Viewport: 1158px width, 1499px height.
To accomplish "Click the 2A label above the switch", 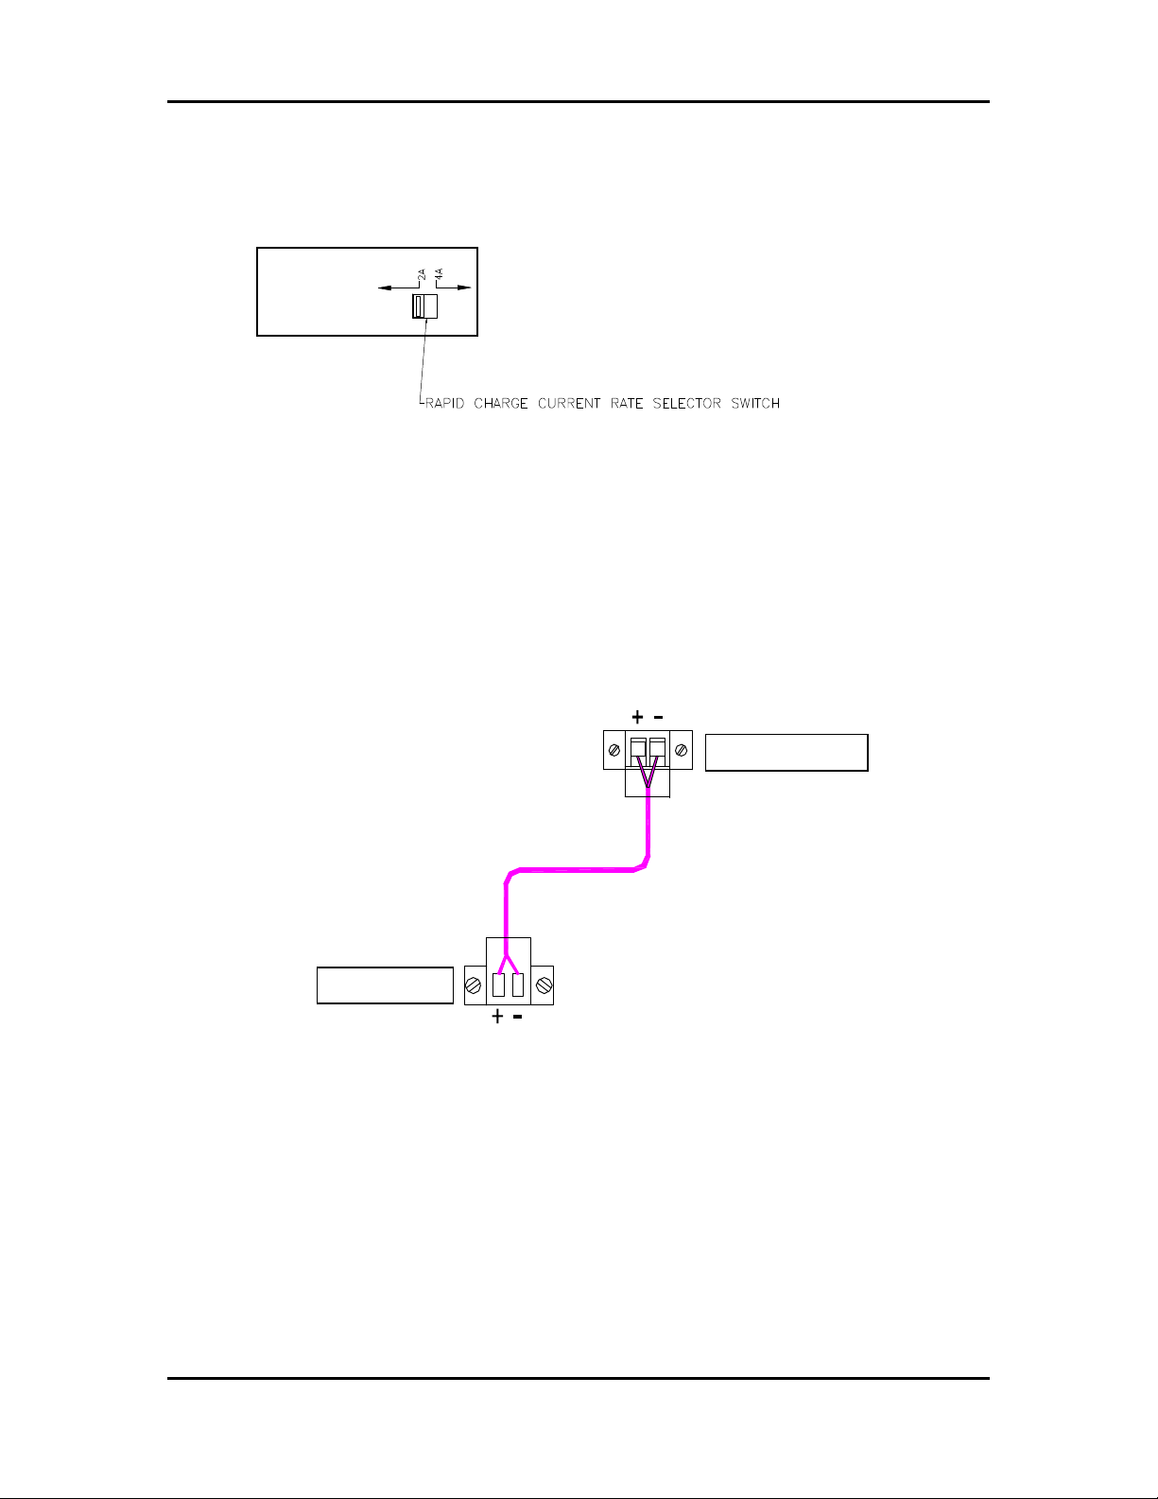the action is pos(422,277).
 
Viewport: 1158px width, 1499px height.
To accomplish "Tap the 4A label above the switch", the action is pos(440,277).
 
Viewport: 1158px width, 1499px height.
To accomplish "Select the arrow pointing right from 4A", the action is pos(459,288).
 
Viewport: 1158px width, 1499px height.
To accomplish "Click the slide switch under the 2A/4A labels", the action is pos(424,306).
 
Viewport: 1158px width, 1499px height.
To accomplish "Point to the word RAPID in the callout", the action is pos(444,404).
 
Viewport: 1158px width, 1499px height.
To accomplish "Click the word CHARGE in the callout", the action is pos(501,404).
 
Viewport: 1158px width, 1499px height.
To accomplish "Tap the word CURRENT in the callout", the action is pos(569,404).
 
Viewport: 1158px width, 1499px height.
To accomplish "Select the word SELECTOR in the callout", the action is pos(687,404).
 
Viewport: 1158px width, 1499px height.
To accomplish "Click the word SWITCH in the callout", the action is pos(755,404).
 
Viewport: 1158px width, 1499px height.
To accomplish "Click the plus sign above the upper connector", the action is pos(638,718).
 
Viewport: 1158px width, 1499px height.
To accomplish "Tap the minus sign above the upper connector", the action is pos(658,718).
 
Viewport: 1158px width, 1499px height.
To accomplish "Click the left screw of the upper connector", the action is pos(614,751).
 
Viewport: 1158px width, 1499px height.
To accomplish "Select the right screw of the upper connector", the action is pos(682,751).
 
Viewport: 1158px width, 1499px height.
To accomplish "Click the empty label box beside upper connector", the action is pos(786,753).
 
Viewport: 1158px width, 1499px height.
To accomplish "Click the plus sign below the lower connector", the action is pos(497,1018).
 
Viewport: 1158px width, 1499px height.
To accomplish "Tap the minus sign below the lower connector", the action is pos(517,1018).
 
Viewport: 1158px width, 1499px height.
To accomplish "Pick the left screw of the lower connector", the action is pos(475,985).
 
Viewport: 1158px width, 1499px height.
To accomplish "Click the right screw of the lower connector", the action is pos(543,985).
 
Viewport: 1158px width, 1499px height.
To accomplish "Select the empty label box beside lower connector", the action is pos(385,985).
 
